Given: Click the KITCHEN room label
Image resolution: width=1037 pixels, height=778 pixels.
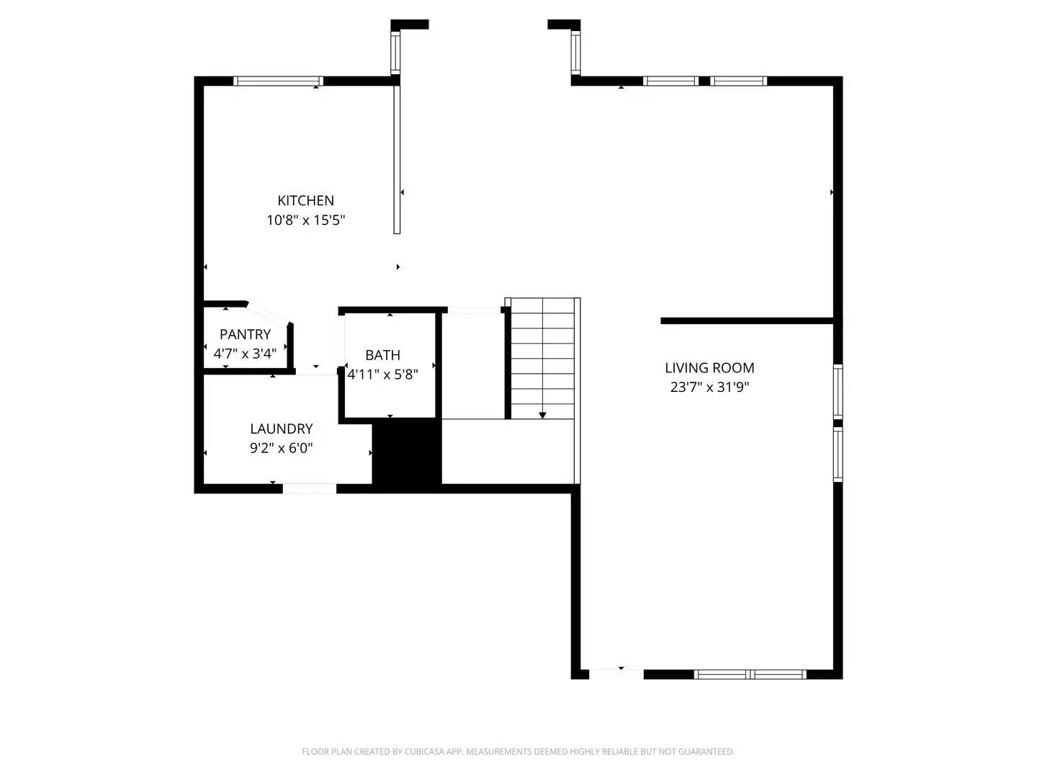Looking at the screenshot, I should click(305, 200).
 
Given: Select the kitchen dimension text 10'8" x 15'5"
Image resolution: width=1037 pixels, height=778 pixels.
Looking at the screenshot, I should click(305, 220).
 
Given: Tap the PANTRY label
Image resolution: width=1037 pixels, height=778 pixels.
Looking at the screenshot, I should click(245, 334).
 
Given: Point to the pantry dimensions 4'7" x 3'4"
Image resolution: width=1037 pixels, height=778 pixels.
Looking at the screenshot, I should click(245, 354).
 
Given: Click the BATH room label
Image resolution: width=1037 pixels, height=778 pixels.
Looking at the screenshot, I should click(382, 355).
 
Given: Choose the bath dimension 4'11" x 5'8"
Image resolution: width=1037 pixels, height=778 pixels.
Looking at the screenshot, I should click(382, 375).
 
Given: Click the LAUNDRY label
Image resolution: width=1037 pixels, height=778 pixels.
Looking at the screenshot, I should click(281, 429).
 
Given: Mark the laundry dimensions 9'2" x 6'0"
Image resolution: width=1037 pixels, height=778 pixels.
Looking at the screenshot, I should click(281, 449).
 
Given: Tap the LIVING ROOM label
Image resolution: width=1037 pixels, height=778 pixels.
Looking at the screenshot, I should click(709, 368).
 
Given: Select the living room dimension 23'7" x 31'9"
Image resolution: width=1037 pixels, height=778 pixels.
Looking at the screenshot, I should click(709, 388).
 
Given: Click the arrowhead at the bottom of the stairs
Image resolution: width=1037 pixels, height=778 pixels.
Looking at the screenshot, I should click(542, 415).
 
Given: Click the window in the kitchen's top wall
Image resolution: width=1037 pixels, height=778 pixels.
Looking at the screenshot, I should click(278, 81).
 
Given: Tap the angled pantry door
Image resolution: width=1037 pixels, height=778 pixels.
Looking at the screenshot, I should click(269, 314).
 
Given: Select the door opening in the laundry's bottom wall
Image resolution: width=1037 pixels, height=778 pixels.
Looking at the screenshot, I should click(309, 488).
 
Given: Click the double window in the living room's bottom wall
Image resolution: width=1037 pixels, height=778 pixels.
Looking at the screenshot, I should click(750, 674).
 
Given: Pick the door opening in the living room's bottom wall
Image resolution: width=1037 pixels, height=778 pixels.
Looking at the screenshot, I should click(616, 674).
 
